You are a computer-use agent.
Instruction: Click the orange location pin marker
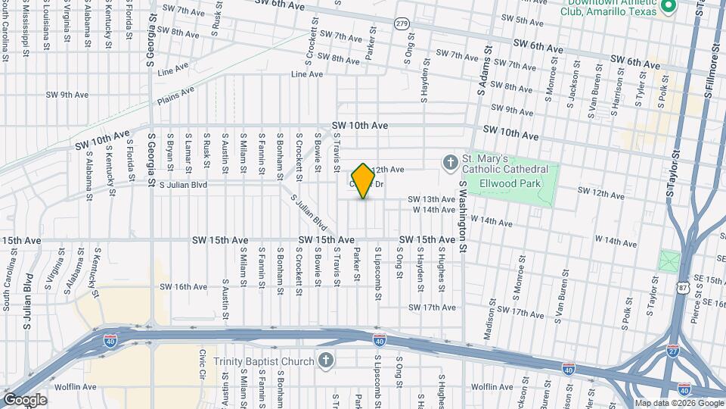click(x=363, y=180)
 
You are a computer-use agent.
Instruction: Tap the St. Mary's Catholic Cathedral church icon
click(x=450, y=162)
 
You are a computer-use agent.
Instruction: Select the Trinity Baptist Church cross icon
click(x=325, y=361)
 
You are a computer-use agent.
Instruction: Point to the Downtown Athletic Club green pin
click(x=668, y=7)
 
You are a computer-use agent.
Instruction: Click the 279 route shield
click(x=402, y=24)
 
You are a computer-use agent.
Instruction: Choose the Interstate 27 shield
click(x=672, y=351)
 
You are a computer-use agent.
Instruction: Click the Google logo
click(x=25, y=399)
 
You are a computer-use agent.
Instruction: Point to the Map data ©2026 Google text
click(x=678, y=402)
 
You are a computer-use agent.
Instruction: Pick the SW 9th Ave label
click(x=67, y=95)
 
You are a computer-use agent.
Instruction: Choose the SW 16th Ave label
click(x=184, y=286)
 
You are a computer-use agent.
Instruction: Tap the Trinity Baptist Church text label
click(x=263, y=361)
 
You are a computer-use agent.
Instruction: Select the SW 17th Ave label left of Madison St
click(x=433, y=308)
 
